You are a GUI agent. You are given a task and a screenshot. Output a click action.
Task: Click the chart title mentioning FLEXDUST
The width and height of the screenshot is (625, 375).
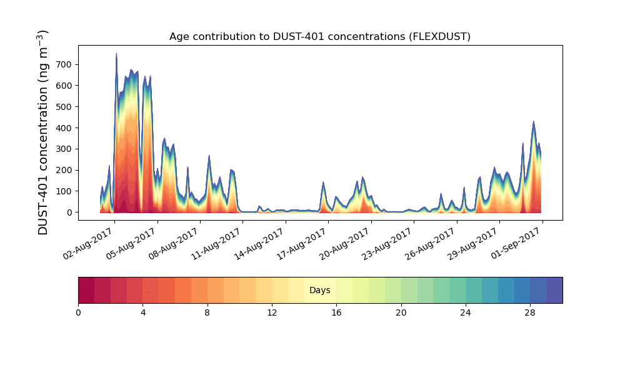point(319,37)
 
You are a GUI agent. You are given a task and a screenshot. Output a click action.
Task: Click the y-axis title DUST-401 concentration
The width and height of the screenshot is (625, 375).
point(43,132)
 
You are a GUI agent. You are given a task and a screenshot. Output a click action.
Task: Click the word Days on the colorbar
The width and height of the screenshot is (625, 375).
point(320,291)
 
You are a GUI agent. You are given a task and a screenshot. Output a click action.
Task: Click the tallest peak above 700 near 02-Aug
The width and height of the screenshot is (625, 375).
point(116,54)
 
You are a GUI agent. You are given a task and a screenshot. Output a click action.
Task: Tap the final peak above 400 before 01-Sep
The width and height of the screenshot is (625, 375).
point(534,122)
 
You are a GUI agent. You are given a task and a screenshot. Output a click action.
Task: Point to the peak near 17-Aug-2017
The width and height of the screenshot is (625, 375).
point(323,183)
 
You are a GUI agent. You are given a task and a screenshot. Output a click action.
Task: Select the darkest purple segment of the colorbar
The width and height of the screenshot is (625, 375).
point(554,290)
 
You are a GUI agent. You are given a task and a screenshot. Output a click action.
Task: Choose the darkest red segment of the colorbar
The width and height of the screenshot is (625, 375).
point(86,290)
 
